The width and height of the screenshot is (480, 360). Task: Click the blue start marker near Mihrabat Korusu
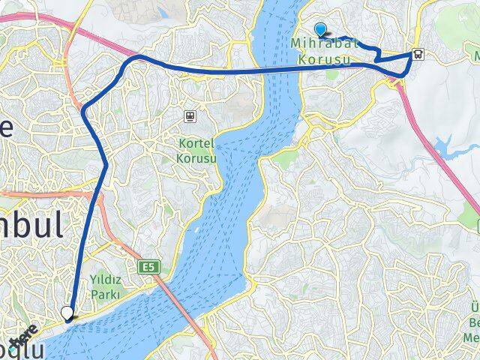[321, 30]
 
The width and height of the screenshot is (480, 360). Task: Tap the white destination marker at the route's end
[67, 313]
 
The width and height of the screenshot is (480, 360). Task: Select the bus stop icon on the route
[417, 54]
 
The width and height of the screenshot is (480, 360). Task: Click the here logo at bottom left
[25, 334]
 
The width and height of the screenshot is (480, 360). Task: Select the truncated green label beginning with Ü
[474, 307]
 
